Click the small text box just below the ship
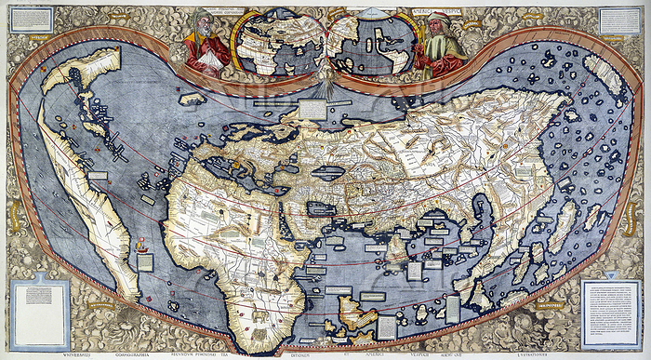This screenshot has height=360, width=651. click(x=144, y=263)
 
